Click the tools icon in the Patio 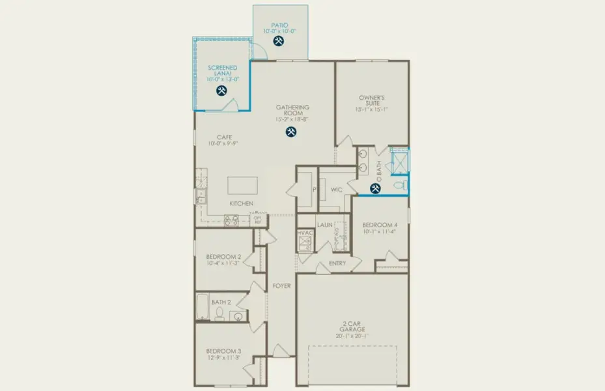[279, 41]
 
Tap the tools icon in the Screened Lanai [221, 91]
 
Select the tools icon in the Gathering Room [291, 132]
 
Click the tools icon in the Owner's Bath [375, 189]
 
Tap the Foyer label [281, 285]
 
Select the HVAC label [305, 233]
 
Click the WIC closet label [337, 190]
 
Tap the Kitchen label [241, 204]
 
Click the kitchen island [242, 185]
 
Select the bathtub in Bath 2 [203, 308]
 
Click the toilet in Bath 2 [220, 315]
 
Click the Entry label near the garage [337, 263]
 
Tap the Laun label [325, 225]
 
